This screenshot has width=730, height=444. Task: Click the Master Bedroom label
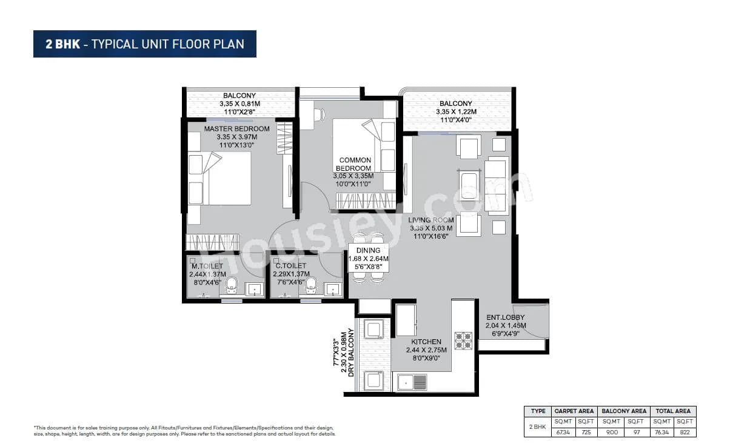click(x=236, y=129)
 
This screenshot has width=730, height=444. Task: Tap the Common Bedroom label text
click(x=355, y=164)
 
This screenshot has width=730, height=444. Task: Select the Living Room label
click(x=431, y=220)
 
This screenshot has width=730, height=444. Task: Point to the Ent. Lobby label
click(x=505, y=317)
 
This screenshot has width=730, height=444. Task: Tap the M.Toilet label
click(x=207, y=266)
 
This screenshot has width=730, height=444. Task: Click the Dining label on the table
click(x=368, y=250)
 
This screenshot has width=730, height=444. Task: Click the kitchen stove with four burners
click(x=463, y=340)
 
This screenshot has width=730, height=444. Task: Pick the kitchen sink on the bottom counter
click(x=412, y=382)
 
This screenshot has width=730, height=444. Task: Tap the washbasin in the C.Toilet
click(x=333, y=289)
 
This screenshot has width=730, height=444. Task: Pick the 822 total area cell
click(x=685, y=432)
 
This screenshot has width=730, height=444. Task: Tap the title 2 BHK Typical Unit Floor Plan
click(x=145, y=44)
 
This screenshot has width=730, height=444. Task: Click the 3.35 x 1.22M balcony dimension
click(x=456, y=112)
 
